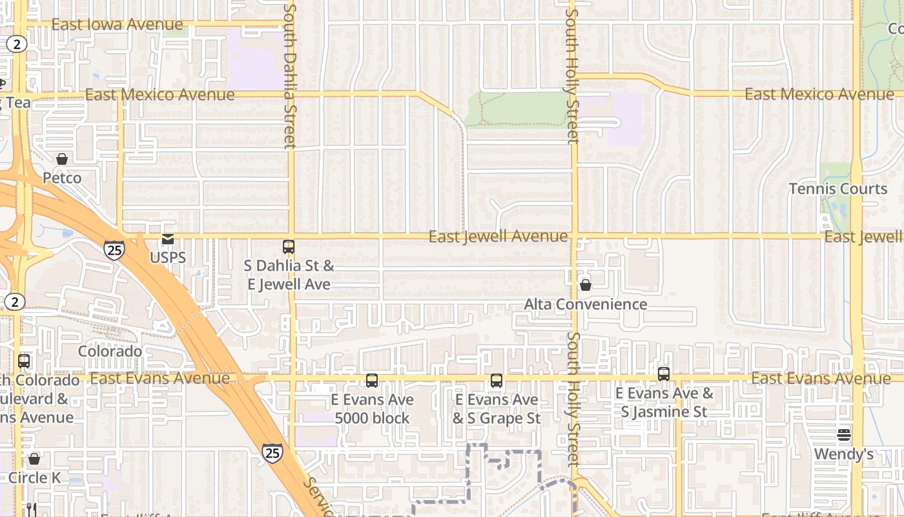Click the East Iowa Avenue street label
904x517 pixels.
pos(117,25)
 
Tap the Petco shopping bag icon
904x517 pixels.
pos(62,159)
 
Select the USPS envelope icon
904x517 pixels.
pos(168,240)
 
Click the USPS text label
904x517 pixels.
pos(168,258)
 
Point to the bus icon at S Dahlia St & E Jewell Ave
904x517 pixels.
pos(289,247)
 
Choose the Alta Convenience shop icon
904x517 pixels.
pos(586,285)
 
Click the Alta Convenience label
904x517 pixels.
pos(586,304)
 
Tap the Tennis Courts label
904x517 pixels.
pos(838,189)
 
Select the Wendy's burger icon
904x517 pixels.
pos(844,435)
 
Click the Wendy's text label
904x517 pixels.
pos(844,454)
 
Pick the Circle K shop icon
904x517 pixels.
pos(34,459)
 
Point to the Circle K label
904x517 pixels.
pos(38,478)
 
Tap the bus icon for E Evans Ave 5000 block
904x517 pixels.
pos(372,381)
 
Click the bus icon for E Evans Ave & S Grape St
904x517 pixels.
pos(496,381)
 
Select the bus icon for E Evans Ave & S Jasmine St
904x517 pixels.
pos(664,374)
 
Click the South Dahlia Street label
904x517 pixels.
pos(290,76)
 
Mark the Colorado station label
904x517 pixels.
pos(110,352)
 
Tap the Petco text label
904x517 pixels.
pos(62,178)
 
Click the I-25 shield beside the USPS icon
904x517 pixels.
pos(114,250)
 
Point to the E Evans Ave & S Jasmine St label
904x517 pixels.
pos(664,402)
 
